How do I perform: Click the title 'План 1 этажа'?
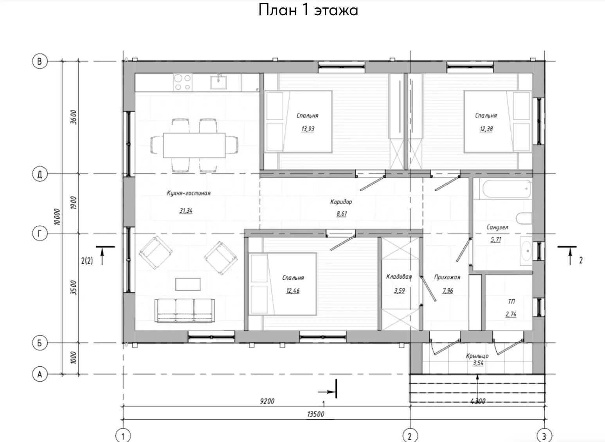pyautogui.click(x=308, y=10)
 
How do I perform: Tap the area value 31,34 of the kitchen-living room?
pyautogui.click(x=186, y=211)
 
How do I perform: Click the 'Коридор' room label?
pyautogui.click(x=341, y=202)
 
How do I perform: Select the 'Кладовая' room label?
pyautogui.click(x=399, y=277)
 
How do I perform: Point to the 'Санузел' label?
pyautogui.click(x=497, y=227)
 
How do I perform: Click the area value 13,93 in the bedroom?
pyautogui.click(x=308, y=129)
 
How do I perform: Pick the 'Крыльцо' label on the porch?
pyautogui.click(x=477, y=356)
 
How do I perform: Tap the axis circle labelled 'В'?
pyautogui.click(x=40, y=61)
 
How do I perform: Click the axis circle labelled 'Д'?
pyautogui.click(x=40, y=174)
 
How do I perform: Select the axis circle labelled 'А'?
pyautogui.click(x=40, y=374)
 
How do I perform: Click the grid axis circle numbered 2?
pyautogui.click(x=410, y=436)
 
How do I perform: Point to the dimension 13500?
pyautogui.click(x=315, y=414)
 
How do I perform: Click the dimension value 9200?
pyautogui.click(x=267, y=401)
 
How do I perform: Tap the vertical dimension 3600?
pyautogui.click(x=74, y=117)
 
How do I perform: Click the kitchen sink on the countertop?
pyautogui.click(x=218, y=82)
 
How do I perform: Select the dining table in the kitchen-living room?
pyautogui.click(x=194, y=145)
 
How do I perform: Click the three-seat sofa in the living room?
pyautogui.click(x=185, y=310)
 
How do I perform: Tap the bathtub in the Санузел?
pyautogui.click(x=506, y=189)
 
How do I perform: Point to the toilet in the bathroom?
pyautogui.click(x=524, y=218)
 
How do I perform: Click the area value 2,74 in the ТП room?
pyautogui.click(x=511, y=314)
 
